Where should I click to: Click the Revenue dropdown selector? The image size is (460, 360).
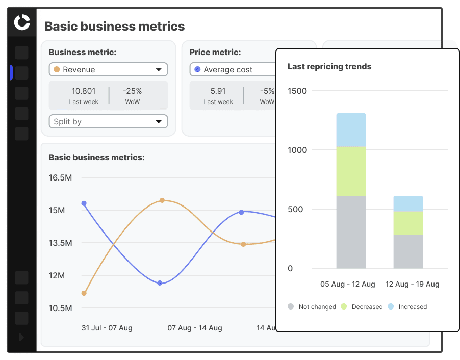pyautogui.click(x=108, y=70)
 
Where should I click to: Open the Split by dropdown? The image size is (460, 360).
pyautogui.click(x=108, y=122)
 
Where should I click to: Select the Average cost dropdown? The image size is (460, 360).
pyautogui.click(x=233, y=70)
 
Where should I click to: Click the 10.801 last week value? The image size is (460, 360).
pyautogui.click(x=84, y=91)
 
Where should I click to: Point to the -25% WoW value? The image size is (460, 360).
pyautogui.click(x=132, y=91)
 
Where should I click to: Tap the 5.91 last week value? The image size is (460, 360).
pyautogui.click(x=218, y=91)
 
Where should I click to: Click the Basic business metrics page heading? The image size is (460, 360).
pyautogui.click(x=115, y=26)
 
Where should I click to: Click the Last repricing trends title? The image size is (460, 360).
pyautogui.click(x=329, y=67)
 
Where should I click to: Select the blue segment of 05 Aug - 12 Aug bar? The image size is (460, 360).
pyautogui.click(x=351, y=130)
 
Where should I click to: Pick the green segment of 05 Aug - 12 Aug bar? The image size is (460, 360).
pyautogui.click(x=351, y=171)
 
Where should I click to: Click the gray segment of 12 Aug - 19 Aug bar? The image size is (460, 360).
pyautogui.click(x=408, y=251)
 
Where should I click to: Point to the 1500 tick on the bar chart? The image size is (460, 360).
pyautogui.click(x=297, y=91)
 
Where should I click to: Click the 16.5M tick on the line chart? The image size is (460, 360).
pyautogui.click(x=61, y=178)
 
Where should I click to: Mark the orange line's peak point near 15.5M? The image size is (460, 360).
pyautogui.click(x=162, y=200)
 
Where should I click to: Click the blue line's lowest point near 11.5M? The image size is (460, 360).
pyautogui.click(x=160, y=283)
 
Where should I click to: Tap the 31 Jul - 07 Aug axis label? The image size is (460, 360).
pyautogui.click(x=107, y=328)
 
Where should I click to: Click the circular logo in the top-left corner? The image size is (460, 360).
pyautogui.click(x=22, y=22)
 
